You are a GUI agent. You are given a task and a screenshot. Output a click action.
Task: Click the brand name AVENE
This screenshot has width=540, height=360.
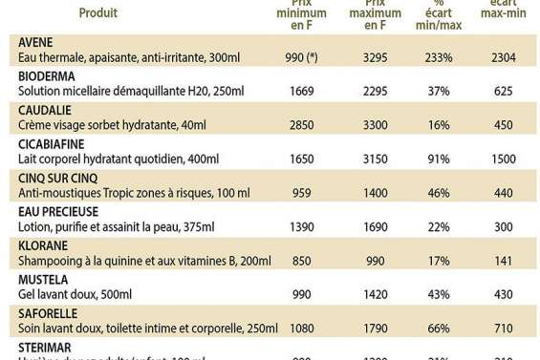36,43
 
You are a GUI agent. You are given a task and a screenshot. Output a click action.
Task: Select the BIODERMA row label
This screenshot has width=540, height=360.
47,76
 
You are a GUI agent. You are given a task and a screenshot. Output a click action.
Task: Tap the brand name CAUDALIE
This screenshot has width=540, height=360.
45,111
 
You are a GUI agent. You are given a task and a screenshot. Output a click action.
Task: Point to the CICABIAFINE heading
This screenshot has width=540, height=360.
54,144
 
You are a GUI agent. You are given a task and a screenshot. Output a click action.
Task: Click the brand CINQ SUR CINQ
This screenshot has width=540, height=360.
58,179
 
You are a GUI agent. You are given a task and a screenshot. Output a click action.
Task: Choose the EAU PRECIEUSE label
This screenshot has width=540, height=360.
58,212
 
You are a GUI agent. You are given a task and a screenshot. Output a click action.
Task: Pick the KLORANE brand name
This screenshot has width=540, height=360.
43,245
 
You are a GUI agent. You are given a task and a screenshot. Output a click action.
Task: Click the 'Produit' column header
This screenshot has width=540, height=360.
98,13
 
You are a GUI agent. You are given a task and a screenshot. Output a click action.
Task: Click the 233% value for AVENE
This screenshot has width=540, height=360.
440,58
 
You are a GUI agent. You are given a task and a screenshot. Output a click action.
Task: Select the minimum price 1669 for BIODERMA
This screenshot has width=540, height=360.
300,92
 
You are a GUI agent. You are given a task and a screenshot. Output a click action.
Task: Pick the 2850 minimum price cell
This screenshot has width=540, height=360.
300,126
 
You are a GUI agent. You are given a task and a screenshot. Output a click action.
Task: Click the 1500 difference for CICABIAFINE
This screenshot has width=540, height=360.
504,159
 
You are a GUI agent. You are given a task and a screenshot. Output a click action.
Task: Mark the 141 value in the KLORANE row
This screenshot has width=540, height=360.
504,261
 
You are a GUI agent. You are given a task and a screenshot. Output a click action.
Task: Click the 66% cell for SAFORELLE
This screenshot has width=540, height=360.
440,328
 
